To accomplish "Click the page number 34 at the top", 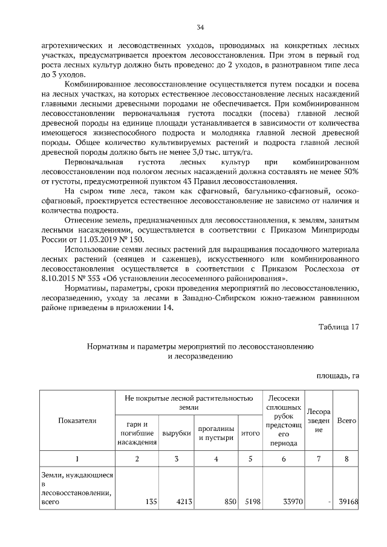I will pos(200,27).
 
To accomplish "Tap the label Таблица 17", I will pos(339,327).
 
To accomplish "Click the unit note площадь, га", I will pos(338,375).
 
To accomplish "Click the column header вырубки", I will pos(176,433).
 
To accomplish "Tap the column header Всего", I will pos(346,420).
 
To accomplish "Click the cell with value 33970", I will pos(292,501).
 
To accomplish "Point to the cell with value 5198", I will pos(250,501).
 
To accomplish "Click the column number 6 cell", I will pos(282,459).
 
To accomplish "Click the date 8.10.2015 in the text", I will pos(62,279).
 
